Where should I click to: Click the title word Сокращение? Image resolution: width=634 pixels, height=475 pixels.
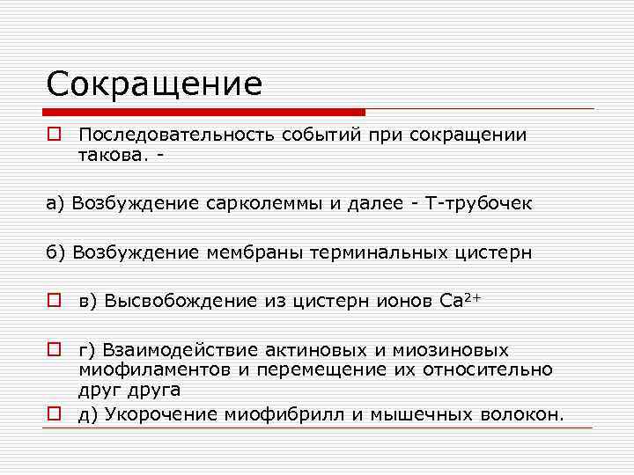point(154,84)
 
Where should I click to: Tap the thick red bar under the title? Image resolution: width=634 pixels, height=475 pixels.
point(204,113)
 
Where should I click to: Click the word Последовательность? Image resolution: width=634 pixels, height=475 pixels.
point(176,135)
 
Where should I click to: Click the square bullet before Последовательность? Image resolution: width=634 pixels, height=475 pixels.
point(55,135)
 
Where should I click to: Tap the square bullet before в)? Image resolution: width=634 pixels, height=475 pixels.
point(55,301)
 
